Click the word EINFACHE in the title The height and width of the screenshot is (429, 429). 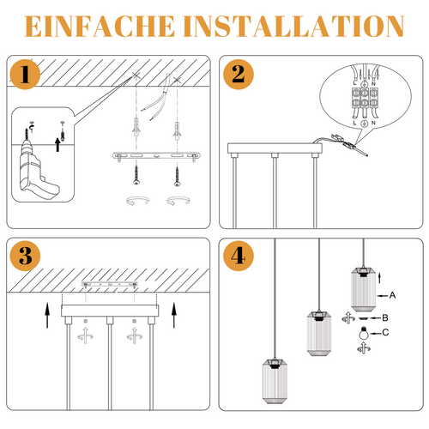100,27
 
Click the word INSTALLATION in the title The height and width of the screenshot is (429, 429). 293,27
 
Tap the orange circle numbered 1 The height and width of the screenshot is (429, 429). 25,75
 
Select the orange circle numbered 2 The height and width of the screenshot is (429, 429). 239,75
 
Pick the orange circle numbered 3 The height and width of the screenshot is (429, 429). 25,256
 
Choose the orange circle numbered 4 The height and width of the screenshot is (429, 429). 239,256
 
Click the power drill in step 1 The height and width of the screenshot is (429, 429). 37,167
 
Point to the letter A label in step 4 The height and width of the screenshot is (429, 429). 392,295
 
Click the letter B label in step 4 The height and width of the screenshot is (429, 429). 385,317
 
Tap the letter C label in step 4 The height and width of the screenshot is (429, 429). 385,332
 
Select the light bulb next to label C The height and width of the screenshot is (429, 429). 364,333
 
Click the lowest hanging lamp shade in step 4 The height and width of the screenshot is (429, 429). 275,381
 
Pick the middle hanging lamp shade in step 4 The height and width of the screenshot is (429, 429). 318,333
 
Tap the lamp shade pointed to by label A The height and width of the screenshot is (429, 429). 363,289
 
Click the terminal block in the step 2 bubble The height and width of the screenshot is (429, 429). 365,98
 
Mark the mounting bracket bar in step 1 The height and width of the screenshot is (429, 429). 156,156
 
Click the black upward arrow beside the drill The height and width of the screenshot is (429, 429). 57,144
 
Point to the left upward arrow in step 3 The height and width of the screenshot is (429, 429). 47,315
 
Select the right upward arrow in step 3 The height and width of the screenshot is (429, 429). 174,315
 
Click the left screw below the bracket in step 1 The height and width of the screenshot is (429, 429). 136,175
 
